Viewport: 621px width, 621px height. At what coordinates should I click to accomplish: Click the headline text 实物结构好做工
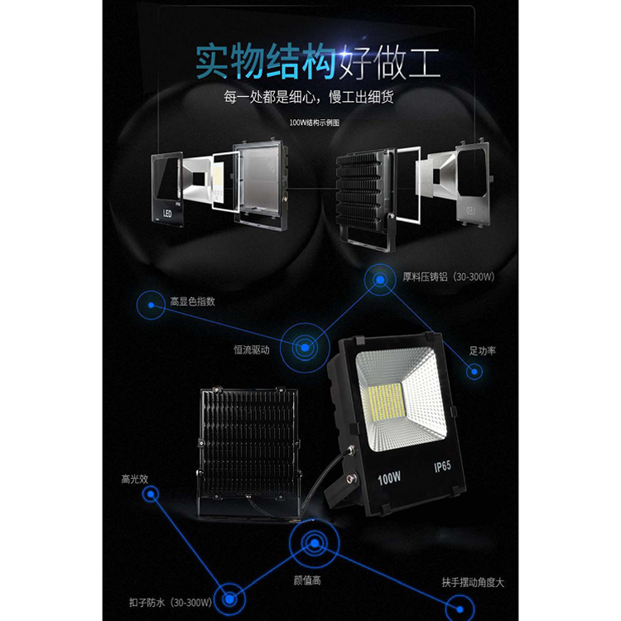318,62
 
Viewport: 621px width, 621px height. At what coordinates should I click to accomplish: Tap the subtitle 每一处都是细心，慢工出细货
309,97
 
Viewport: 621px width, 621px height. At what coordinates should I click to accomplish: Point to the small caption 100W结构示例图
314,123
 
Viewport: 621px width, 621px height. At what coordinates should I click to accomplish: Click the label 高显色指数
192,301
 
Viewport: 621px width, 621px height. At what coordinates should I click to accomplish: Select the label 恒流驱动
252,350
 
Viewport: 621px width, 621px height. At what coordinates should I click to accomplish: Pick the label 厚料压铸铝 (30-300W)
448,277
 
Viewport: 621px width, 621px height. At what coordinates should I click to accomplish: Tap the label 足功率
483,351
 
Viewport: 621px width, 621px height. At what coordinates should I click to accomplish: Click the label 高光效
135,479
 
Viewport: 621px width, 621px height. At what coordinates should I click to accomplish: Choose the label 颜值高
307,580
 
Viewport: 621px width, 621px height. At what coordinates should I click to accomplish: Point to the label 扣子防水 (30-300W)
171,603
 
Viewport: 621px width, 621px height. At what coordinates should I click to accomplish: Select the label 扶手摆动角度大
474,583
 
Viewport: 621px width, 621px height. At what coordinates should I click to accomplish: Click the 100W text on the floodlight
389,479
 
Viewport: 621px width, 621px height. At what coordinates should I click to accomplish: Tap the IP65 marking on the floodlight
442,466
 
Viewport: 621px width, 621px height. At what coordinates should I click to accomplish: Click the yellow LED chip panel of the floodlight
386,402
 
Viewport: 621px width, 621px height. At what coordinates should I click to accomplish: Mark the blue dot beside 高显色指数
151,305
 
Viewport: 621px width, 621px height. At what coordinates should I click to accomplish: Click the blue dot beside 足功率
474,372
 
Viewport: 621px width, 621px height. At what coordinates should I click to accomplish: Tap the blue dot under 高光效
151,494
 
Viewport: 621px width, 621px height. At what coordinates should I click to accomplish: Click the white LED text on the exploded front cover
167,214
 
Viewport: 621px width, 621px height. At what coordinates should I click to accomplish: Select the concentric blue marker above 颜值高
314,543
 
